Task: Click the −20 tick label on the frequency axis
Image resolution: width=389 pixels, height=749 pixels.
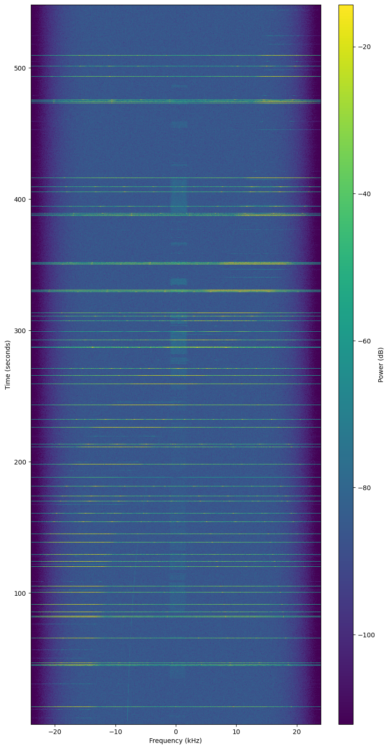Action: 55,732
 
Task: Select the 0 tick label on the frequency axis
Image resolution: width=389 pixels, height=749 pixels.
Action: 176,732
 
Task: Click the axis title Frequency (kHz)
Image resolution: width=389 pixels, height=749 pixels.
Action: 176,741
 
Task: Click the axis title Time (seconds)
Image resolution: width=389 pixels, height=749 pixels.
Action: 8,364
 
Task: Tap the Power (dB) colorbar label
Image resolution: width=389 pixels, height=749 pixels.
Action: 381,364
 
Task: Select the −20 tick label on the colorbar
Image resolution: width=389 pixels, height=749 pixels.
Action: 364,47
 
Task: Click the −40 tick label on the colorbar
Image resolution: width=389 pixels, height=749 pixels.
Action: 364,194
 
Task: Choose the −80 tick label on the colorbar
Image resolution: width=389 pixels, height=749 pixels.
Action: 364,488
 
